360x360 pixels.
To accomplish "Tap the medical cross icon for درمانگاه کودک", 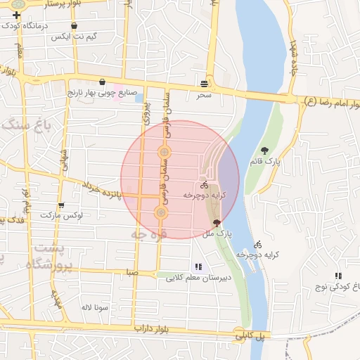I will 15,15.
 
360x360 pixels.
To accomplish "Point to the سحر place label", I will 204,94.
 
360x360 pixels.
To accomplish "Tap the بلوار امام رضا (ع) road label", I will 330,103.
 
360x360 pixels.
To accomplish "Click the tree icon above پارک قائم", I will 265,150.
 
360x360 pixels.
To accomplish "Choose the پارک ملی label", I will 219,232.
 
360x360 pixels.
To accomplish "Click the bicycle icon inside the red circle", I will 204,184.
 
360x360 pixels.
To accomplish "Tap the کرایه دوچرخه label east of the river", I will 253,253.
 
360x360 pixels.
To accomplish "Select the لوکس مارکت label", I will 61,216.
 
